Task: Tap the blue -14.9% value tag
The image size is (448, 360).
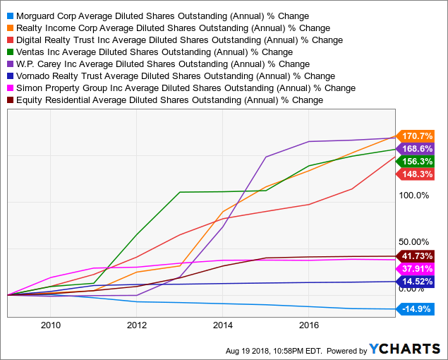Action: tap(417, 308)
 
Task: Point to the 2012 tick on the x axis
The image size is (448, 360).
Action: tap(136, 325)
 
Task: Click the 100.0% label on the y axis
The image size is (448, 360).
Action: tap(414, 196)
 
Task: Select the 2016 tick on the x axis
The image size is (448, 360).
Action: tap(308, 325)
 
